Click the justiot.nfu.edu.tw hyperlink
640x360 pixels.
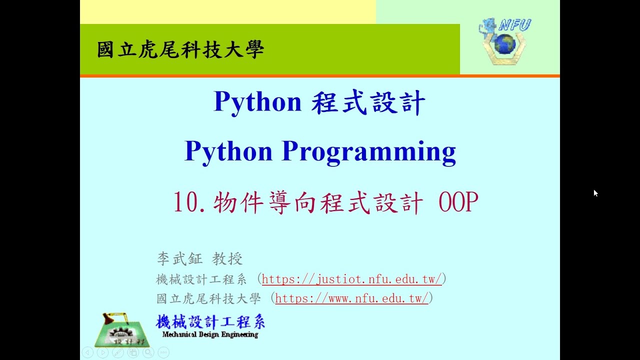point(351,279)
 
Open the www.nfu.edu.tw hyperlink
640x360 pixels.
point(351,298)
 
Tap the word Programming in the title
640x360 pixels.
point(368,151)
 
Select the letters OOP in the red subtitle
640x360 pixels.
point(458,202)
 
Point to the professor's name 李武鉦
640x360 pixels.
point(179,258)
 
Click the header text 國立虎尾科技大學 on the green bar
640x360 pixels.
point(180,49)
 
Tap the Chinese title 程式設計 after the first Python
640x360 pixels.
point(368,102)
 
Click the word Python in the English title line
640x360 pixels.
point(228,151)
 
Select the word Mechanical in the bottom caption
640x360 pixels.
point(178,334)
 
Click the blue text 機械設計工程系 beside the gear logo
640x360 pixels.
point(210,321)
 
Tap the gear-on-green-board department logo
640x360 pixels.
point(121,330)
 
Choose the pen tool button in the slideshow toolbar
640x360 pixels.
point(117,352)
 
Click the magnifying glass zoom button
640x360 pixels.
point(148,352)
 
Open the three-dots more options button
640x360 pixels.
point(163,352)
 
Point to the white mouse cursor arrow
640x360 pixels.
point(595,193)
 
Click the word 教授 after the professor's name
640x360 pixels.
point(227,258)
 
